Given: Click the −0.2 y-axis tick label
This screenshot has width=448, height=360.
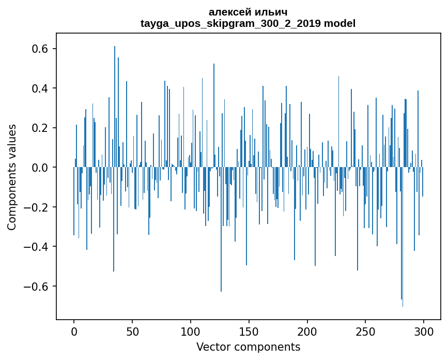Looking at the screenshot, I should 37,207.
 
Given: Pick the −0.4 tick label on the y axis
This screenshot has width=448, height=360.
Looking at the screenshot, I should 37,247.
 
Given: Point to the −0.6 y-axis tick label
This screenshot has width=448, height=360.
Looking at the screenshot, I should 37,287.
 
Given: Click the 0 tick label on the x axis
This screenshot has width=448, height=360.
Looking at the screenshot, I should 74,331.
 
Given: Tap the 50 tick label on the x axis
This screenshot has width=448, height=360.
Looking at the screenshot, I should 132,331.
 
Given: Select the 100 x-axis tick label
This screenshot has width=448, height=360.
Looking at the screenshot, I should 191,331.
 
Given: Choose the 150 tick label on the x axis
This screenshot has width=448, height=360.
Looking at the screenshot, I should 249,331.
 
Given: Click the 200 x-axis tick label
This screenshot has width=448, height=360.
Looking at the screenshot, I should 307,331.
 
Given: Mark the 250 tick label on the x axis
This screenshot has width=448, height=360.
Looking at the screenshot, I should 366,331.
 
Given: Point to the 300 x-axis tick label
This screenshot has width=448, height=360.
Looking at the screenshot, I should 424,331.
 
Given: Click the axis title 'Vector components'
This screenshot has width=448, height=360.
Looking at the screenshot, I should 248,347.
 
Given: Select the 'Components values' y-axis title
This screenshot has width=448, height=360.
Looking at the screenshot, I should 12,177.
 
